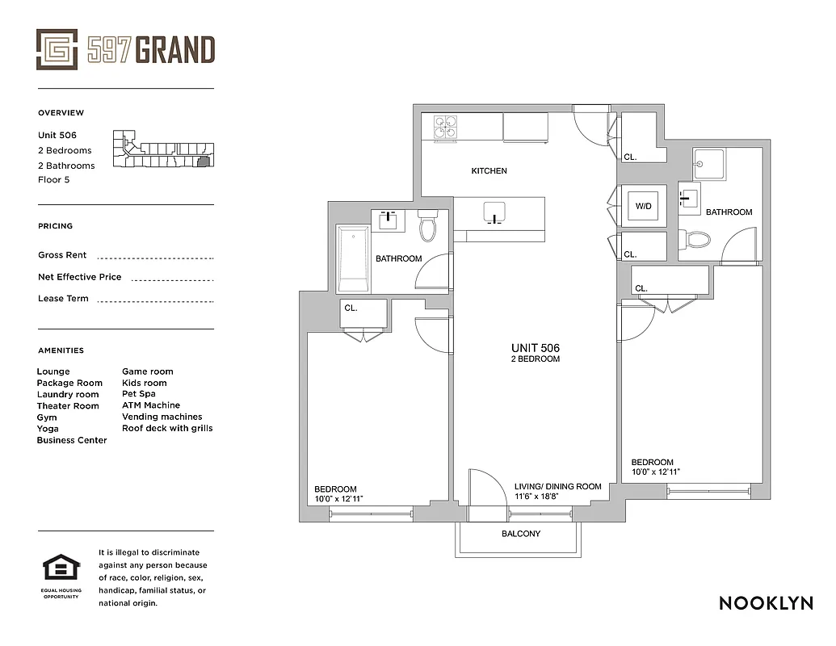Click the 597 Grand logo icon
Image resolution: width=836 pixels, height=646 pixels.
pyautogui.click(x=57, y=49)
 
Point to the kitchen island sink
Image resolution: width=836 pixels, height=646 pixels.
pyautogui.click(x=494, y=213)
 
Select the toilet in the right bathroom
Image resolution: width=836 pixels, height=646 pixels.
pyautogui.click(x=695, y=238)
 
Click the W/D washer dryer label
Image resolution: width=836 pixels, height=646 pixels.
pyautogui.click(x=644, y=207)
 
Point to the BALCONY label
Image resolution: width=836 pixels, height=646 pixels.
pyautogui.click(x=521, y=534)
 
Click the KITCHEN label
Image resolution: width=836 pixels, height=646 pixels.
pyautogui.click(x=489, y=171)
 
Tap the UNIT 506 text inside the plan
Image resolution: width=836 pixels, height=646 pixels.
pyautogui.click(x=535, y=348)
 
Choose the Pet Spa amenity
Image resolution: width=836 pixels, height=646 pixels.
pyautogui.click(x=139, y=394)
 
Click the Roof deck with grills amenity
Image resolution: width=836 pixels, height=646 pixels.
pyautogui.click(x=167, y=428)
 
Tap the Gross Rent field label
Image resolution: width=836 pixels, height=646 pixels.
pyautogui.click(x=62, y=255)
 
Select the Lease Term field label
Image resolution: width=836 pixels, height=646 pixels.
pyautogui.click(x=63, y=299)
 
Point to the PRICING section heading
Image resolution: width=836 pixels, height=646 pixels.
pyautogui.click(x=55, y=226)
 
